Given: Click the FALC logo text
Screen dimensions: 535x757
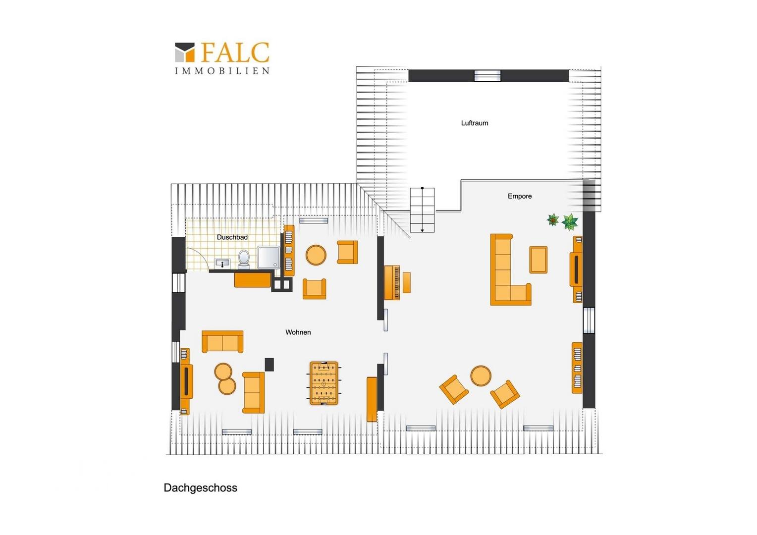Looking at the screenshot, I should pos(235,53).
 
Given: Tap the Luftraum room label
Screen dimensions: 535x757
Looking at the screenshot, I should pos(474,123).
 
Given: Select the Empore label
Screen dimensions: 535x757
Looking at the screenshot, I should pos(519,196).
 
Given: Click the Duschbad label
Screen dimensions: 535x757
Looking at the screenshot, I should pos(232,237).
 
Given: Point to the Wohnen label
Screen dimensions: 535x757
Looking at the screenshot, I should pos(298,332).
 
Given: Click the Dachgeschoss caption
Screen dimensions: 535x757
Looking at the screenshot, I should pos(200,488).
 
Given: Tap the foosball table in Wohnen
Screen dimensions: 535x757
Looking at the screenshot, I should pos(324,383).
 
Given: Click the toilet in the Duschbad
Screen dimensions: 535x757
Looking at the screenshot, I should pos(244,259).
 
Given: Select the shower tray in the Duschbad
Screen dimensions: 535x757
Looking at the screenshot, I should pos(268,257).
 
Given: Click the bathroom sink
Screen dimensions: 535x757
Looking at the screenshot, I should pos(222,263).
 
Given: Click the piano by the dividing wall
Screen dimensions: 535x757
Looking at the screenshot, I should pos(392,282).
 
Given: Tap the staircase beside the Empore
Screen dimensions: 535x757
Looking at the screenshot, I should pos(422,210).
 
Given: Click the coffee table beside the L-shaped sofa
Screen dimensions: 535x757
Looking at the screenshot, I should pos(538,260).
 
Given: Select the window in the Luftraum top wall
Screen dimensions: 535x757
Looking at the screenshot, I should pos(487,76).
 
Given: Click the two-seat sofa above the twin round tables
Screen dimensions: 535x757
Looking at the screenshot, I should pos(222,341).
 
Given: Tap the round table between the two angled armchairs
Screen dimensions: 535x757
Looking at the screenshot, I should pos(481,376).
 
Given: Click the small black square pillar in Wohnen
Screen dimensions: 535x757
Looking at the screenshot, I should pos(269,364).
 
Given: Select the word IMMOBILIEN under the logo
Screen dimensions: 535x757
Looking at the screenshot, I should pos(222,71).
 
